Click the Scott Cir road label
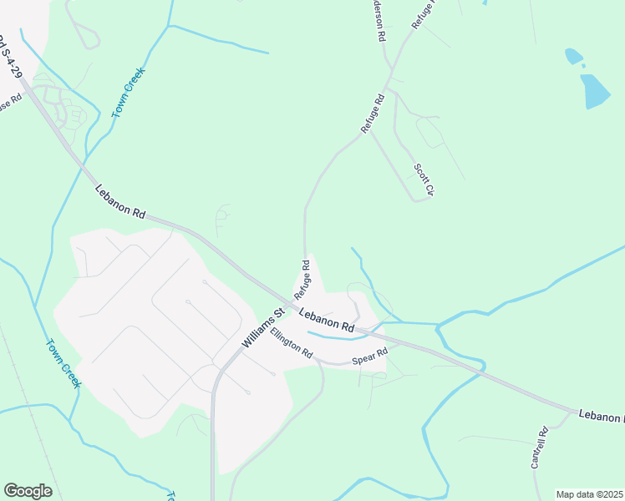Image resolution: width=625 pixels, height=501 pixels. pos(424,180)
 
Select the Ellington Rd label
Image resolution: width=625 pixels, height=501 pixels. pos(291,348)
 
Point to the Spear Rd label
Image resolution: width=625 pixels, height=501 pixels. pos(369,356)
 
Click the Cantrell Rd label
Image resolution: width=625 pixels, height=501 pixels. pos(539,447)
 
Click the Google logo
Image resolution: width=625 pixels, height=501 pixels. pos(28,491)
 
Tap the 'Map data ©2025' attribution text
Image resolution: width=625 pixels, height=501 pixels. pos(590,493)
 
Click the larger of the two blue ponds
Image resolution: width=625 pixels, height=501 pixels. pos(596,91)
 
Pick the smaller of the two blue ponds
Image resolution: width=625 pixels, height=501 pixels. pos(574,56)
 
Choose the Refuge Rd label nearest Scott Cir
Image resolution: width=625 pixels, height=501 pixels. pos(373,113)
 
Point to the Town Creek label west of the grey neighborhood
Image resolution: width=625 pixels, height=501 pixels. pos(63,362)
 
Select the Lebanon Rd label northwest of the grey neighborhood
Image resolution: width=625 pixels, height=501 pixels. pos(120,202)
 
